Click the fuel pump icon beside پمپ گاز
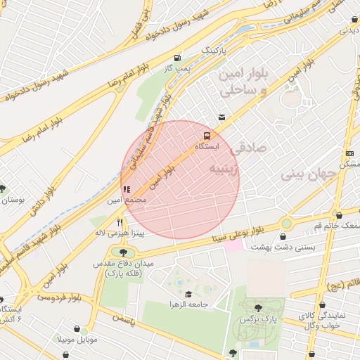176,58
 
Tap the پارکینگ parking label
216,51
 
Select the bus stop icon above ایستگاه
207,134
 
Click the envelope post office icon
221,117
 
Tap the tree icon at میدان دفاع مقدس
123,252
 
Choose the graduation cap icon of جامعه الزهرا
188,294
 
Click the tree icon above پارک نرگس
258,308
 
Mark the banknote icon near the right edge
349,154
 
